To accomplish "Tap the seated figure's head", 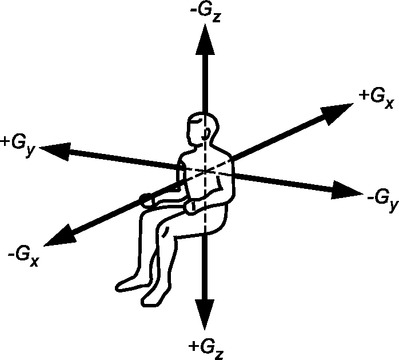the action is coord(204,129).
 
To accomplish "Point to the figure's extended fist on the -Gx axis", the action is coord(147,200).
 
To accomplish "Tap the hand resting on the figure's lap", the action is coord(193,205).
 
